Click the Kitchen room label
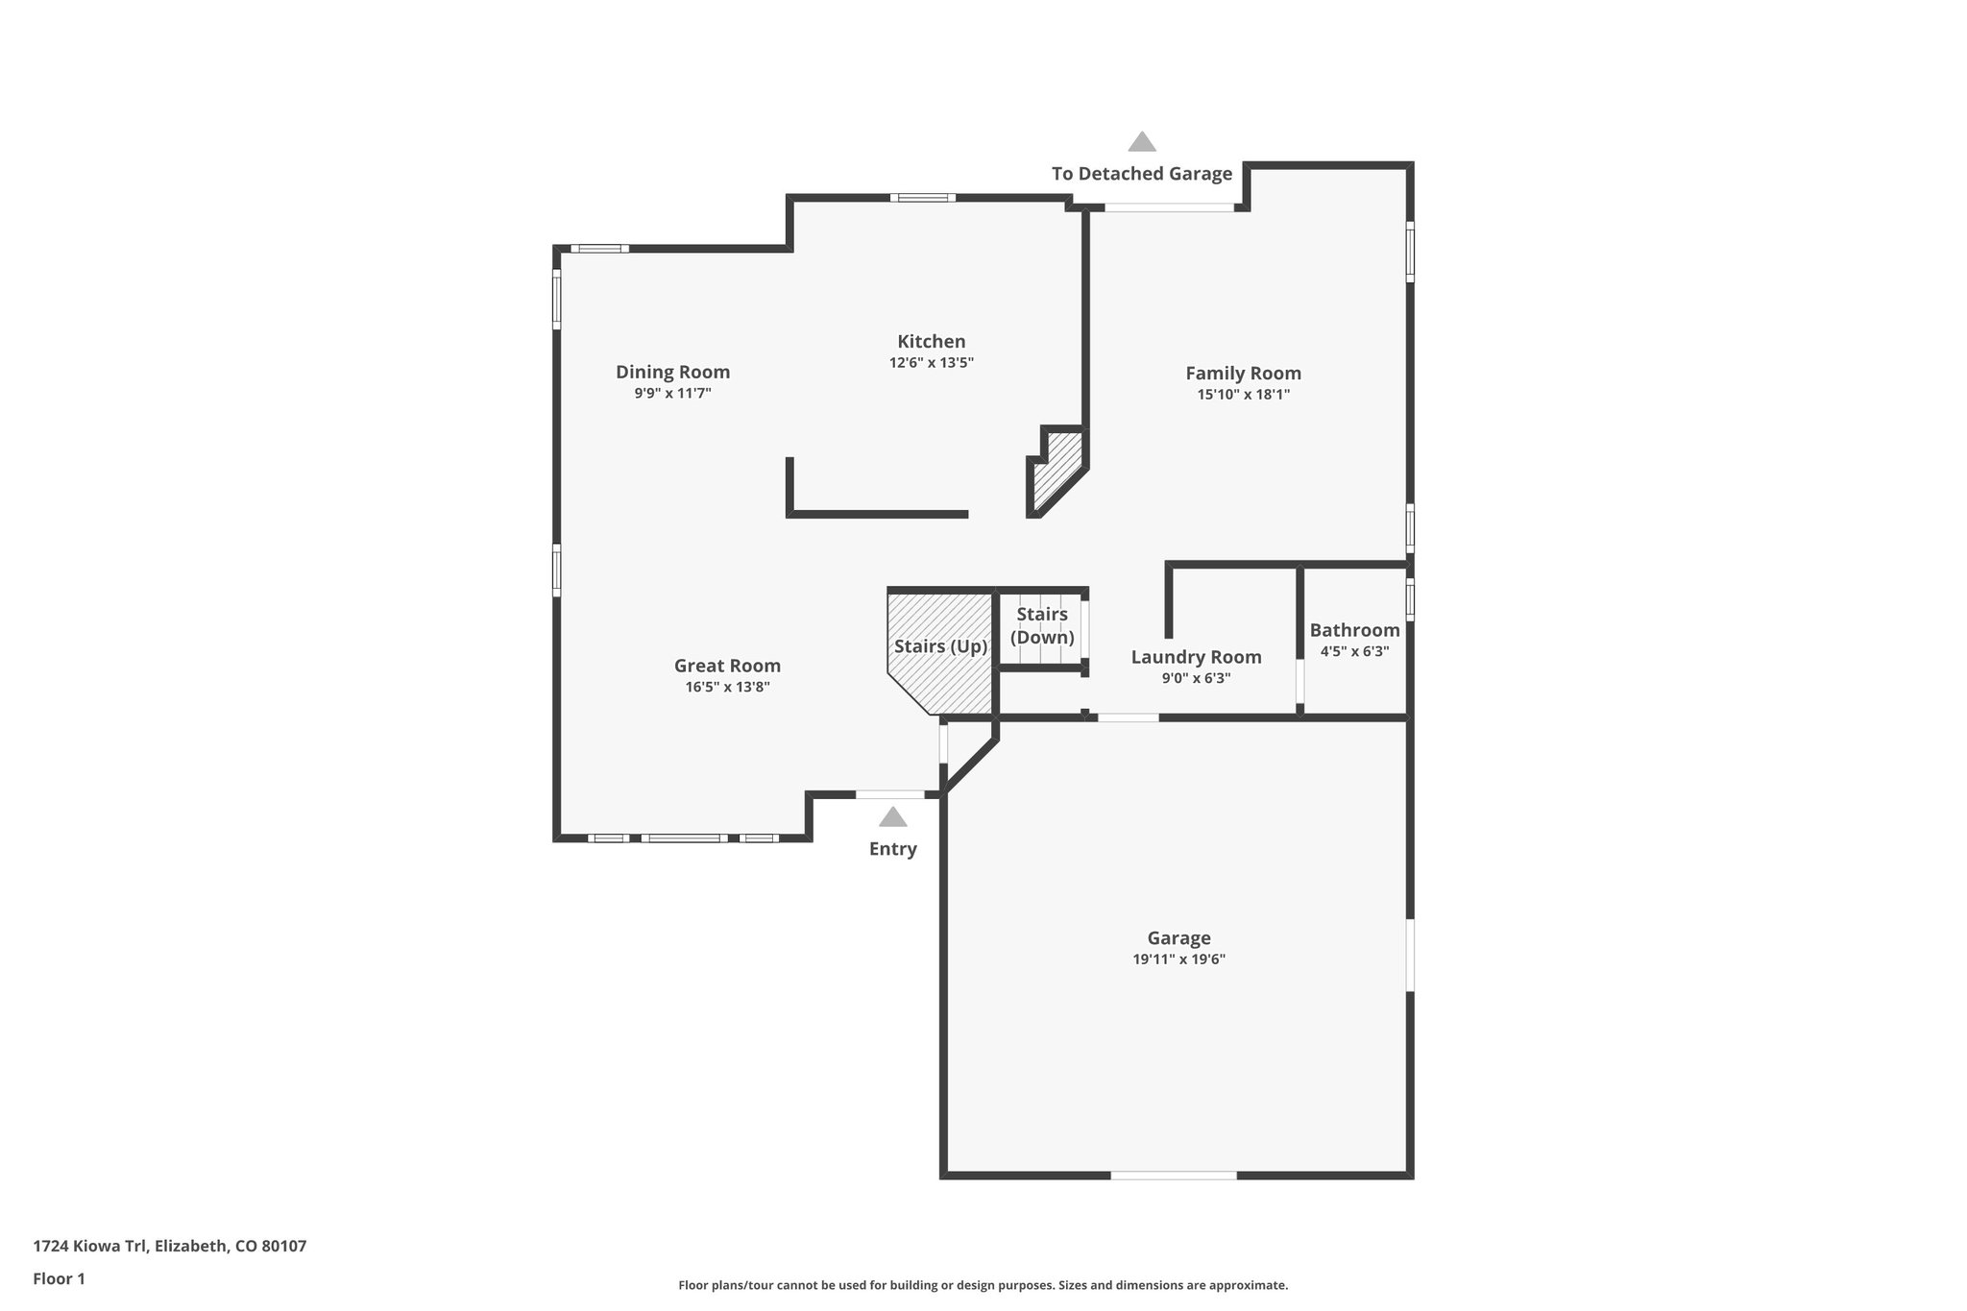(x=931, y=341)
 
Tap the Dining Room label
(x=672, y=372)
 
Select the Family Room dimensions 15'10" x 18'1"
(x=1243, y=394)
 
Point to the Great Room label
(x=727, y=666)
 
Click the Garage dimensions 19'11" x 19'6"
(x=1178, y=959)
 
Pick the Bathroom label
(x=1354, y=630)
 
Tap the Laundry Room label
(x=1196, y=657)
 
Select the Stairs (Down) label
(x=1042, y=625)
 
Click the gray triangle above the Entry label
(x=893, y=817)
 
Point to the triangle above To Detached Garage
(x=1142, y=142)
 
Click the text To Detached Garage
(x=1141, y=174)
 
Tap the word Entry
(x=893, y=849)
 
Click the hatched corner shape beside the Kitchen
(x=1057, y=470)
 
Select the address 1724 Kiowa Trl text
(x=170, y=1246)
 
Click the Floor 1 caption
(x=60, y=1278)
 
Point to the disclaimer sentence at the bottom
(x=983, y=1285)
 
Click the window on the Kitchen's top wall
(x=922, y=198)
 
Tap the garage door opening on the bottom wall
(x=1174, y=1175)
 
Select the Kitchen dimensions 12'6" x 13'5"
(x=931, y=363)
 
